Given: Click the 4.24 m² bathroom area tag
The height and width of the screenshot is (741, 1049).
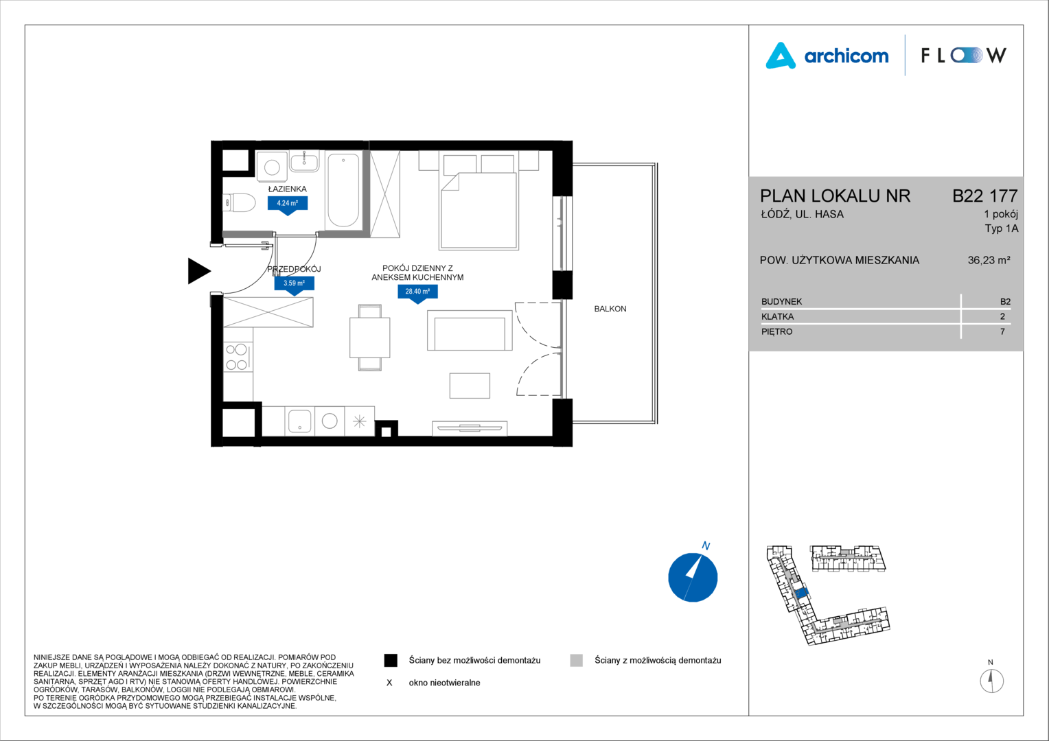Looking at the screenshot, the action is [x=288, y=204].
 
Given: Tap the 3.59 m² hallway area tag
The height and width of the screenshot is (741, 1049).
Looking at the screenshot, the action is [x=294, y=285].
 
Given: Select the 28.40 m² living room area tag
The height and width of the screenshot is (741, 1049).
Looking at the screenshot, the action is [x=417, y=293].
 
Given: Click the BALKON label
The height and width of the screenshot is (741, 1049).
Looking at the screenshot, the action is [x=610, y=309].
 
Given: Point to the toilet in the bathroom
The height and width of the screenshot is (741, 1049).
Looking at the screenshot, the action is [x=239, y=203].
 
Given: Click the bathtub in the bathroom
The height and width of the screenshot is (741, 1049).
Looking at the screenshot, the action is [x=343, y=190].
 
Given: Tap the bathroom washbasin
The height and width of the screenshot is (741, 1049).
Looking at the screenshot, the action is [x=304, y=161].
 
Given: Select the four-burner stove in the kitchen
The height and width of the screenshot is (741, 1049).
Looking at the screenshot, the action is [x=238, y=357].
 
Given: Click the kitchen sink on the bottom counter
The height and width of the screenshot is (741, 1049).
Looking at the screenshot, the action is [x=300, y=421].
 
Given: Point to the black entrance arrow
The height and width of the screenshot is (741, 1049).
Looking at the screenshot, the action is [x=198, y=271].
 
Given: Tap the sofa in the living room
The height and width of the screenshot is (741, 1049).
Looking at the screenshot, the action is [x=470, y=330].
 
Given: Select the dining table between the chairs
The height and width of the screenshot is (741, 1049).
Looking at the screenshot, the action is [x=369, y=338].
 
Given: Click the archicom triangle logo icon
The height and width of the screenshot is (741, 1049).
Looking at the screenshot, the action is [x=780, y=56].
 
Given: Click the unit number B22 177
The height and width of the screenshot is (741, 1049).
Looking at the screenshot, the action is [x=985, y=196].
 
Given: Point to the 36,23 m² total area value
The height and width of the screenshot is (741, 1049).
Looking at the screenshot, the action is [x=989, y=260].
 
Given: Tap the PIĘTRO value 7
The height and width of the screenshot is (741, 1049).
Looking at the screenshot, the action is [x=1002, y=331].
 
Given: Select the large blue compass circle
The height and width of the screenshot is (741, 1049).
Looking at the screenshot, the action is [x=693, y=577].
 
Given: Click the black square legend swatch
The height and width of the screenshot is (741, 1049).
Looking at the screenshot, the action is [x=391, y=661].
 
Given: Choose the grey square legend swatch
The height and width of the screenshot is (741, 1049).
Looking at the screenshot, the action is [x=577, y=661].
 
